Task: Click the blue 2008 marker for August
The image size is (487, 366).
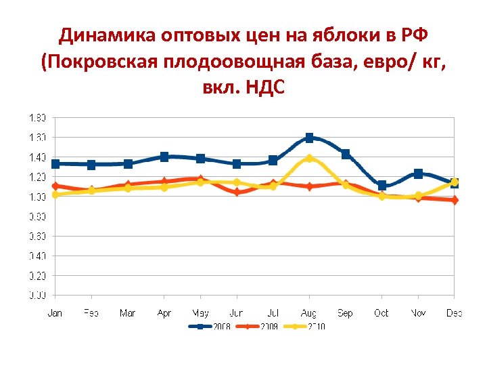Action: tap(309, 138)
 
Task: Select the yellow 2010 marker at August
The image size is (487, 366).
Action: tap(309, 158)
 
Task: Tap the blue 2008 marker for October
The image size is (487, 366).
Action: tap(382, 185)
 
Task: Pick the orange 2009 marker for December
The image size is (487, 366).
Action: tap(455, 200)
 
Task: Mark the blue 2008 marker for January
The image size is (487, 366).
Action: tap(55, 163)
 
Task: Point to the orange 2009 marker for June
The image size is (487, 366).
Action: tap(237, 192)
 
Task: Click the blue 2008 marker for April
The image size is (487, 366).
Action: tap(164, 157)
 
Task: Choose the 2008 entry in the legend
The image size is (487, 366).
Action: tap(212, 327)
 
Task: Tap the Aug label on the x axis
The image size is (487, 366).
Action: tap(309, 313)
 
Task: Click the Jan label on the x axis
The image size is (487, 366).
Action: tap(55, 313)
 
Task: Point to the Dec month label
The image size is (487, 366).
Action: tap(454, 313)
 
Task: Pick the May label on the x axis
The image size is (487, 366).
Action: tap(200, 313)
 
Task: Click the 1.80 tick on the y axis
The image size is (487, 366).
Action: tap(37, 117)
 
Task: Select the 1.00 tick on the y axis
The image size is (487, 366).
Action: tap(37, 197)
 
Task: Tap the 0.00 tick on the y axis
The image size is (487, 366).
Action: tap(37, 295)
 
